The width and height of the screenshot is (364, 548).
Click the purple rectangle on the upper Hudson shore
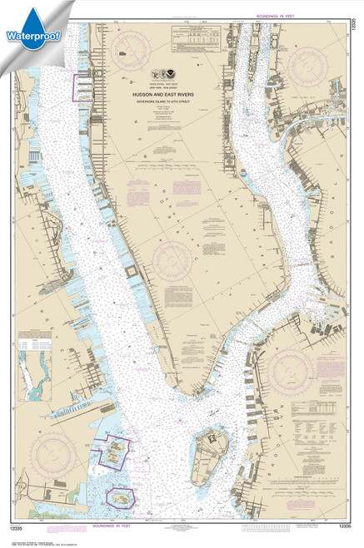point(84,87)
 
